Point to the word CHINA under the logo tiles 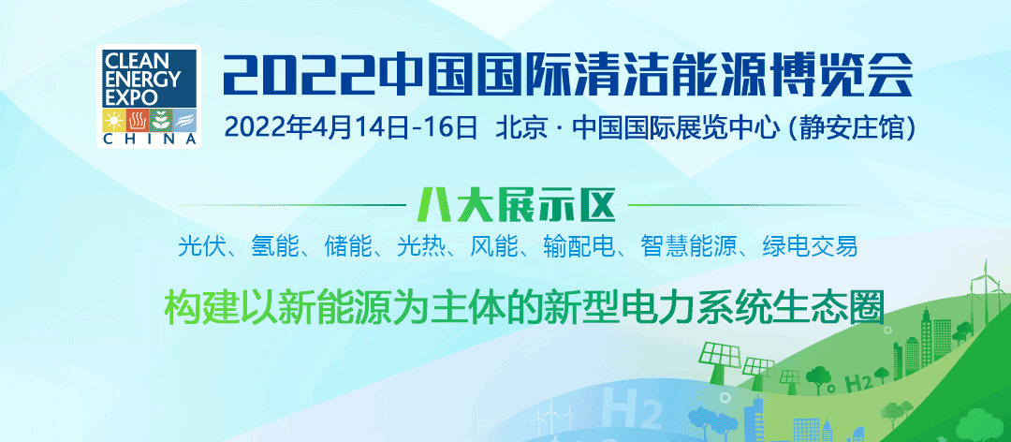coord(150,140)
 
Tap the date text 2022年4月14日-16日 coord(351,127)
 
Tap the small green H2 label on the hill coord(858,383)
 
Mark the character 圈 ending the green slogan coord(868,307)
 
